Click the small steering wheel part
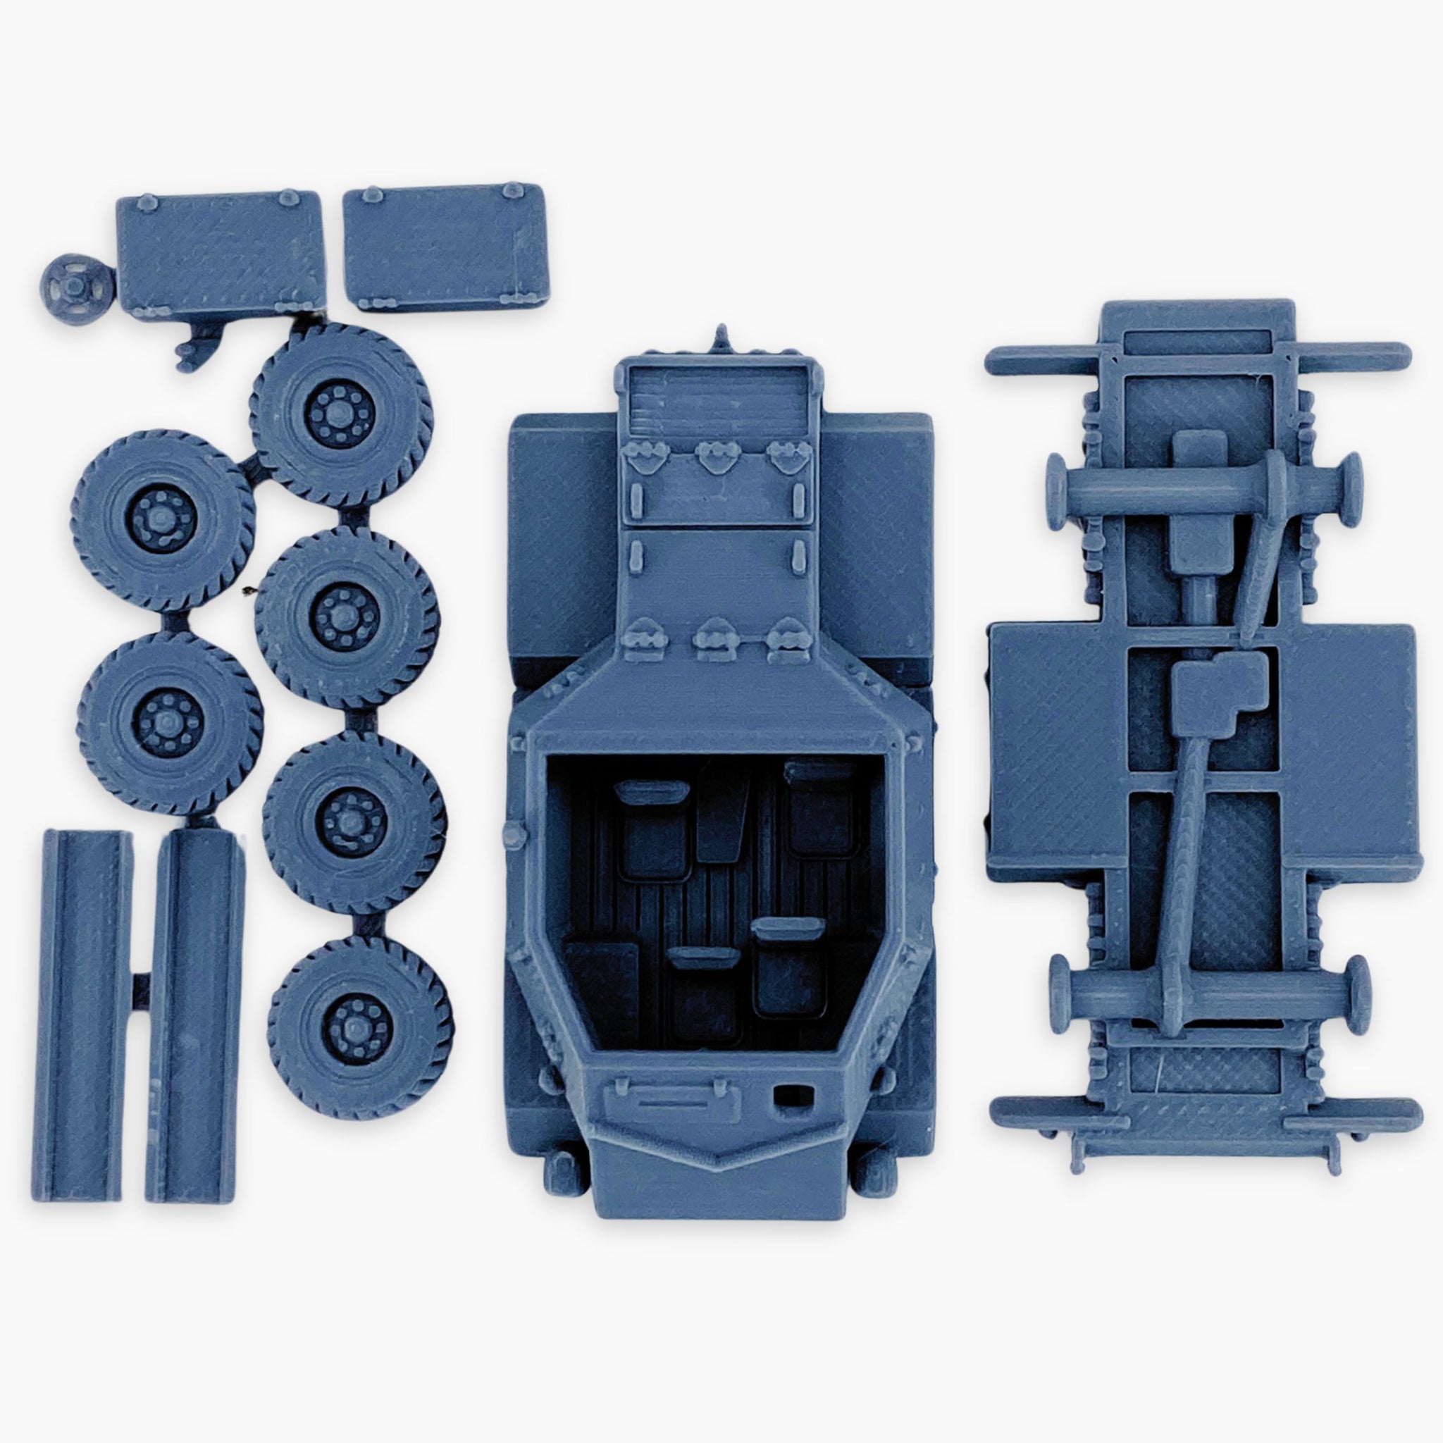point(77,283)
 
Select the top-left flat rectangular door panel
point(218,254)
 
